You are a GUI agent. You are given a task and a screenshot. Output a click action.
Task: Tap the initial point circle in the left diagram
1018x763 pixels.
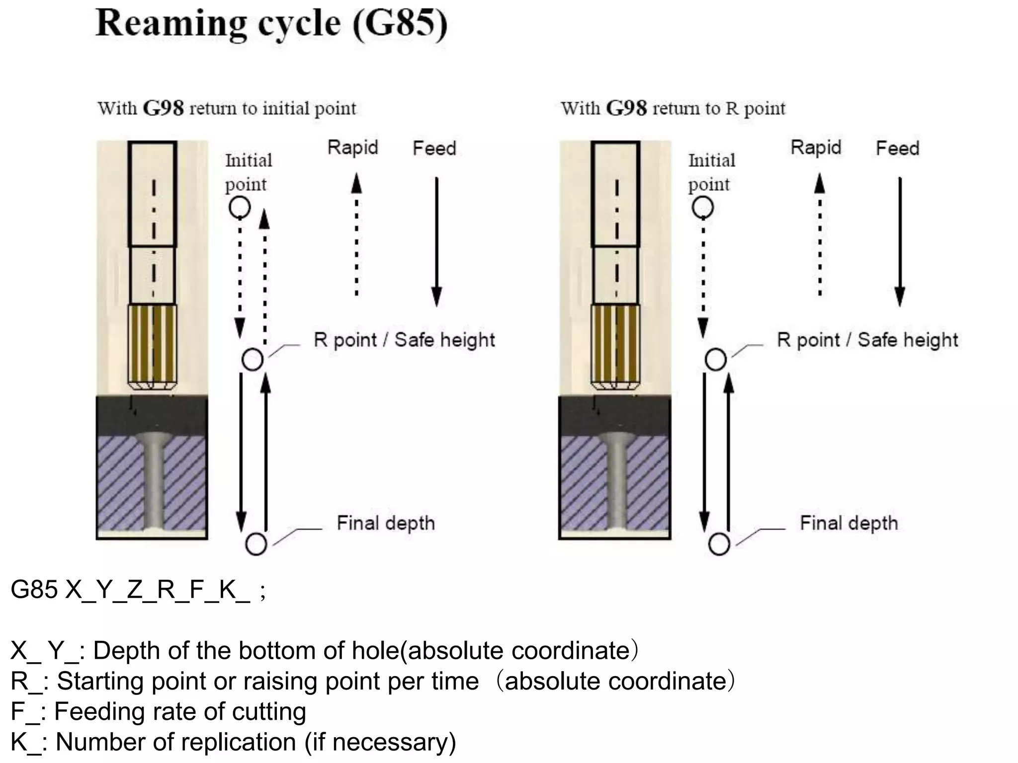click(x=240, y=207)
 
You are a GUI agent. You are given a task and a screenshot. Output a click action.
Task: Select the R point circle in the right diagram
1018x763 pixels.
click(x=715, y=360)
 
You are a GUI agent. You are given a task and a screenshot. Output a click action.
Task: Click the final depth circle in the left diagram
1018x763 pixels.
click(x=256, y=544)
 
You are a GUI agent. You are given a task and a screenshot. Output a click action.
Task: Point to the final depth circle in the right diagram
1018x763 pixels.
click(x=719, y=544)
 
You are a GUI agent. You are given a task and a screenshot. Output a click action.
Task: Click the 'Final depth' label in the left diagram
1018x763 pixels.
click(x=386, y=523)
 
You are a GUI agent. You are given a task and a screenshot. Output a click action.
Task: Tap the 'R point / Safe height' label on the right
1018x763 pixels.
click(x=867, y=340)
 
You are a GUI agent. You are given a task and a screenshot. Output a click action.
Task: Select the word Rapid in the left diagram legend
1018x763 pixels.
click(x=353, y=148)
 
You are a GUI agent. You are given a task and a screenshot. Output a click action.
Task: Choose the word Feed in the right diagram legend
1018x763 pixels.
click(x=897, y=148)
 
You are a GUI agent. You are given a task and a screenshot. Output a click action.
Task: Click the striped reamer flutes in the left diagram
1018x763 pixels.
click(x=153, y=343)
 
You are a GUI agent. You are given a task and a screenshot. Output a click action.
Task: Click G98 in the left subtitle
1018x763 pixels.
click(x=163, y=108)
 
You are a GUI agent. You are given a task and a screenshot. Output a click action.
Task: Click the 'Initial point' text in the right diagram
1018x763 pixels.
click(x=711, y=172)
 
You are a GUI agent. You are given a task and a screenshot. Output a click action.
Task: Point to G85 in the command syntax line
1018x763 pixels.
click(x=34, y=590)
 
